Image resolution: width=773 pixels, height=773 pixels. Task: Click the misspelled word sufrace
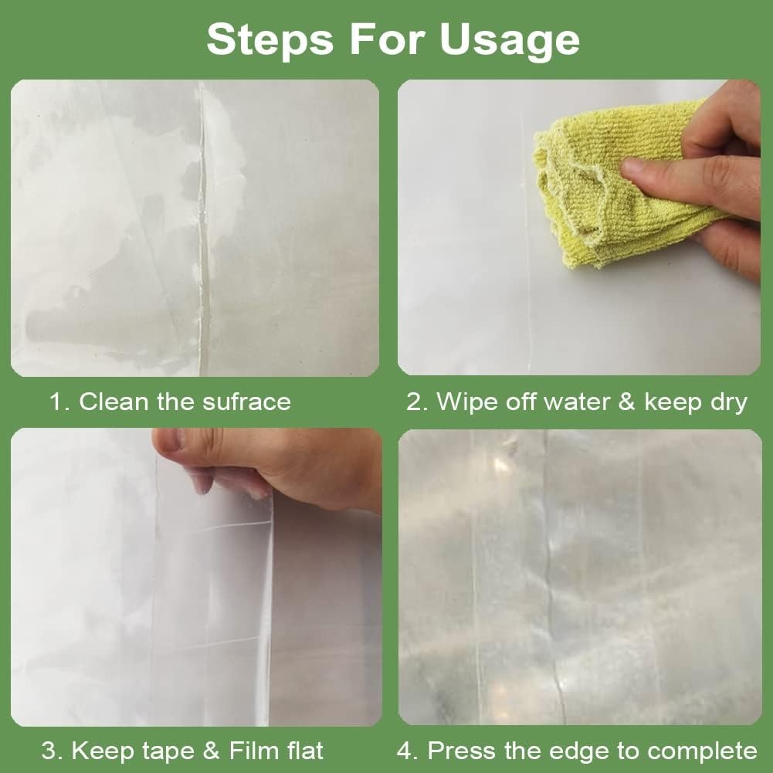(x=246, y=402)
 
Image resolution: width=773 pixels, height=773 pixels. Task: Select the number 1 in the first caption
(x=58, y=402)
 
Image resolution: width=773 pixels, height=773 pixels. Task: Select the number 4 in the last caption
(x=405, y=751)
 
